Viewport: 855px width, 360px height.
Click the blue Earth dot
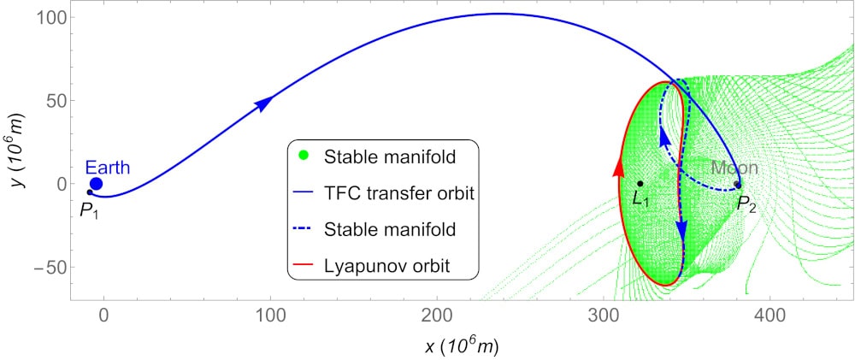click(x=96, y=183)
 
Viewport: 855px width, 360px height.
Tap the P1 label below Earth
click(x=89, y=210)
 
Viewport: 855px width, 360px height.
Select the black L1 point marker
click(x=640, y=183)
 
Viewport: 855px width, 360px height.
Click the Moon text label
click(x=734, y=168)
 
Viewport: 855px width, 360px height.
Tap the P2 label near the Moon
click(x=746, y=204)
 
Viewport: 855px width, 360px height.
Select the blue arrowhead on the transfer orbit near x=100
click(x=265, y=103)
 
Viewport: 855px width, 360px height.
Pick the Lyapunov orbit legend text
click(x=386, y=267)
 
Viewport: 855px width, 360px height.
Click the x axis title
click(x=461, y=346)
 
